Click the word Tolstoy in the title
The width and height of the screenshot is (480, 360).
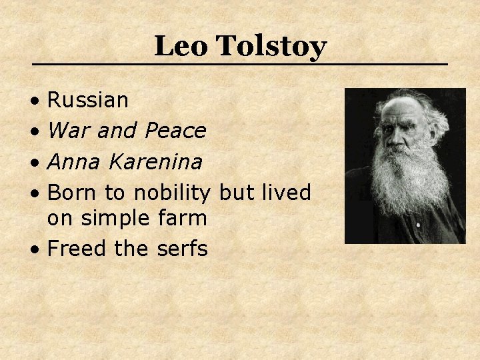pos(271,47)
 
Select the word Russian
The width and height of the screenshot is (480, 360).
pos(88,101)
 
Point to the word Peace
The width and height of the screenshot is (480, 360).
pos(175,131)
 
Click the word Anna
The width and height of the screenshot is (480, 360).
pos(72,161)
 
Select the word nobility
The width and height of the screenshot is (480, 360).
pos(172,193)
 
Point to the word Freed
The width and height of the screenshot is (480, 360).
pos(77,249)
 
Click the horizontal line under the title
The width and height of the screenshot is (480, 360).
pos(240,64)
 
